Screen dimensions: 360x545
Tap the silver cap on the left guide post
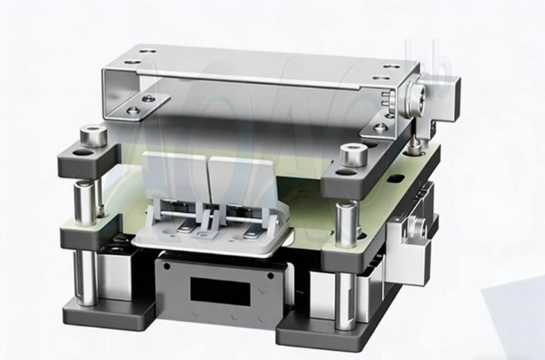(x=94, y=136)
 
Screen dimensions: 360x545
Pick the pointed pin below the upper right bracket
(x=419, y=143)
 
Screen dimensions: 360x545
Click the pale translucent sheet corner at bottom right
(x=514, y=319)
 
